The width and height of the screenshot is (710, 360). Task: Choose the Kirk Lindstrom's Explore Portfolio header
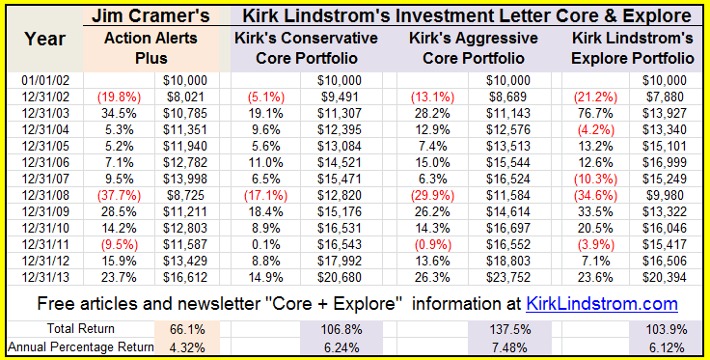tap(632, 47)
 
